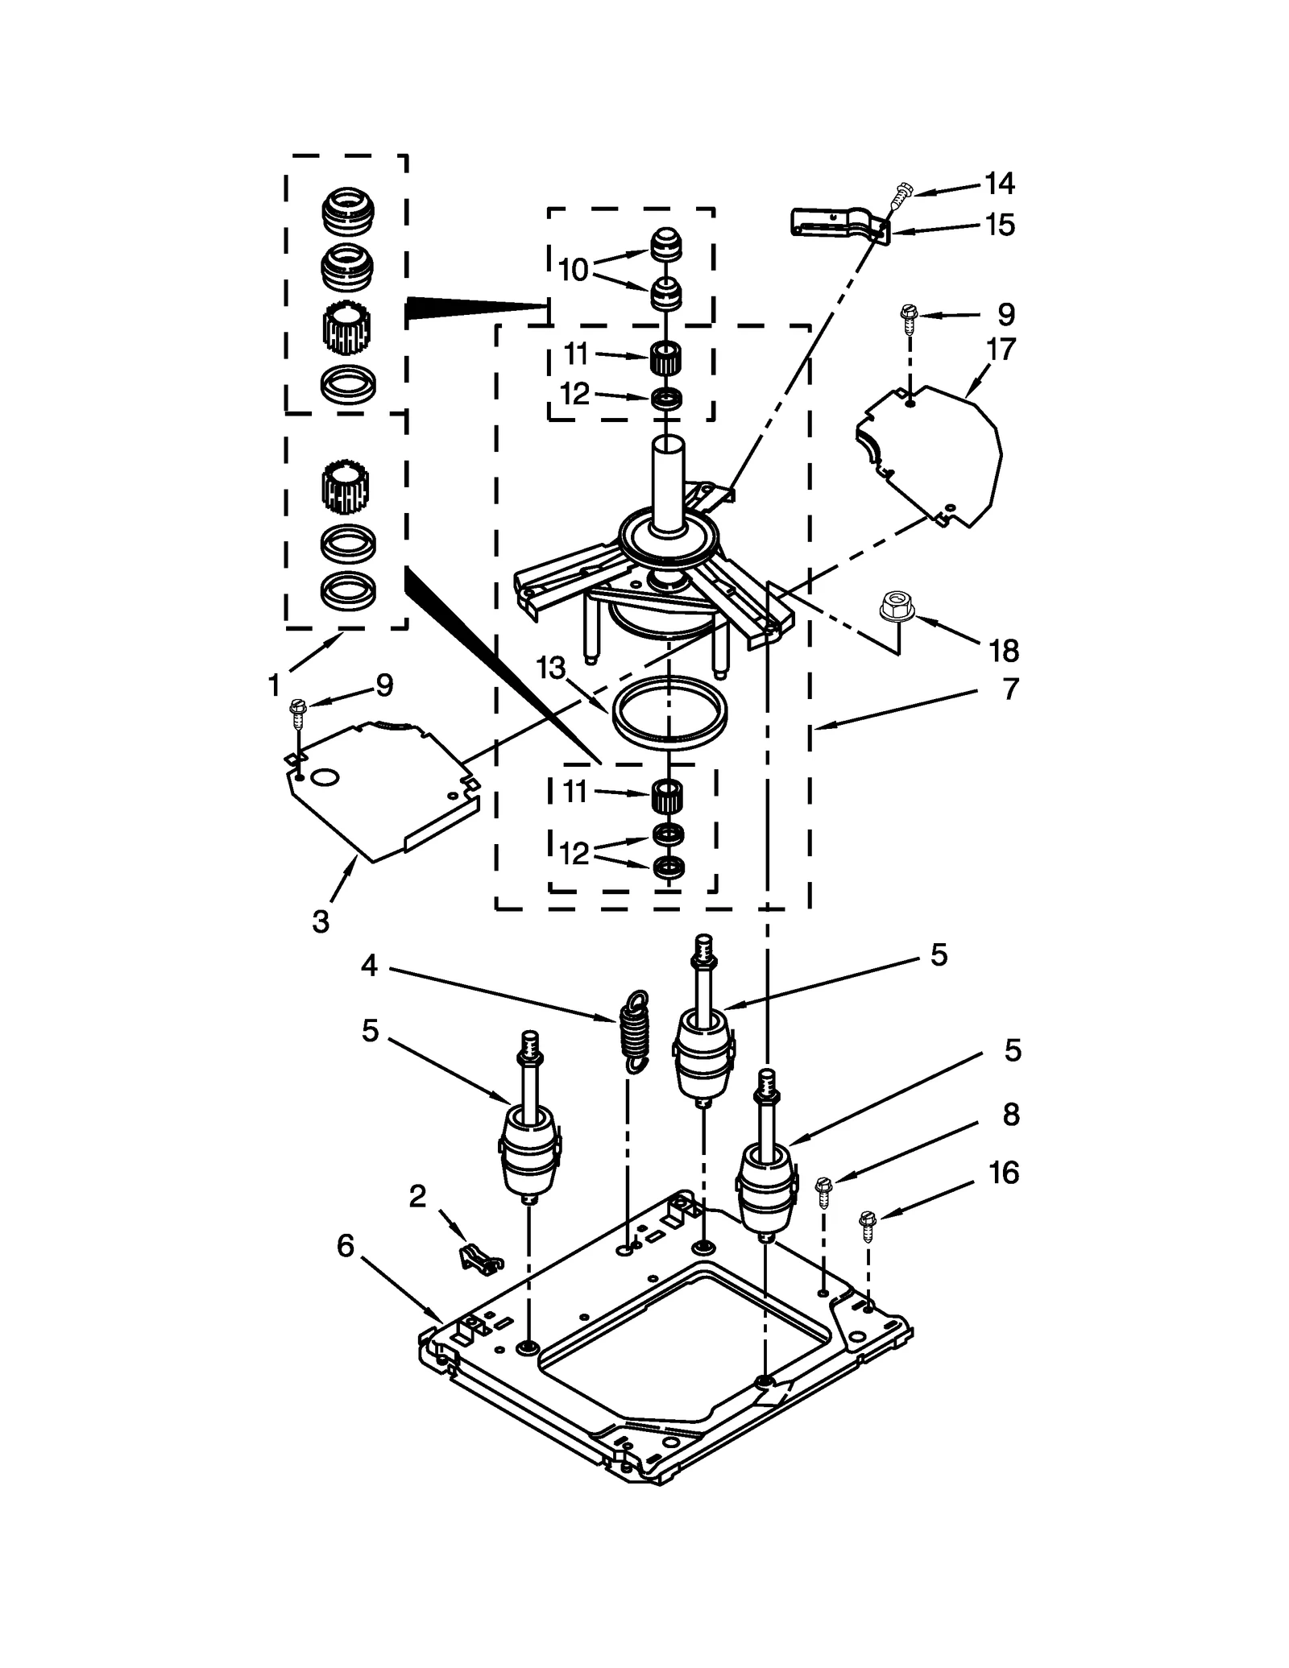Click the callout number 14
[x=999, y=184]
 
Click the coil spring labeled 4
[x=635, y=1032]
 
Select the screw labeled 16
[x=868, y=1226]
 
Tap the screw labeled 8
[x=823, y=1191]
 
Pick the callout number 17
[x=1001, y=349]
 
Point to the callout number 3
[x=321, y=921]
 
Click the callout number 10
[x=573, y=270]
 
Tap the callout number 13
[x=552, y=667]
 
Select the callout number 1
[x=274, y=685]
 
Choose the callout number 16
[x=1004, y=1173]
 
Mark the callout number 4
[x=369, y=965]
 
